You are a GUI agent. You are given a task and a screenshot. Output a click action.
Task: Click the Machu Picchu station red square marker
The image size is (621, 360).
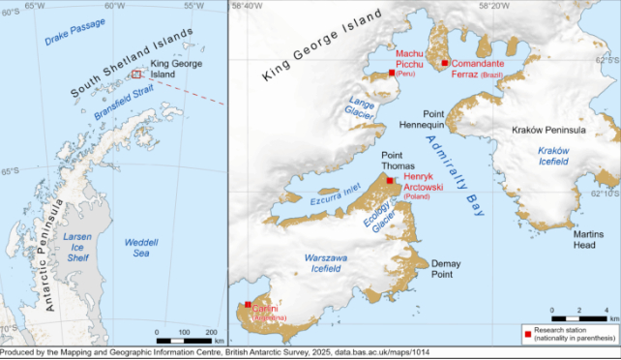(x=391, y=73)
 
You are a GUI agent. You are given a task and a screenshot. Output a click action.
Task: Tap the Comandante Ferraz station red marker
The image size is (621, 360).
(x=445, y=64)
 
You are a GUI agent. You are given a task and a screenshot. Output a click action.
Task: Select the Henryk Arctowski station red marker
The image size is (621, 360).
(x=390, y=181)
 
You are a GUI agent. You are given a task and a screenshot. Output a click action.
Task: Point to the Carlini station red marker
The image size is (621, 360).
(x=249, y=305)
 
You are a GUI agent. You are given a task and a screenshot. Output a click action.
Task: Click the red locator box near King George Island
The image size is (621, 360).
(x=136, y=74)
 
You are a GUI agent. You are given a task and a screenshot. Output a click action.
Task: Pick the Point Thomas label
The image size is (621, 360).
(x=399, y=161)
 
